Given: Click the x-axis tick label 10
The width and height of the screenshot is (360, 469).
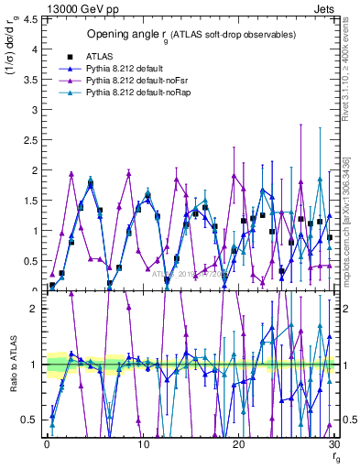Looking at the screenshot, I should click(x=143, y=444).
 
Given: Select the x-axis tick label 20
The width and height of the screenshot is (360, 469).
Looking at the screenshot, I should click(x=239, y=444).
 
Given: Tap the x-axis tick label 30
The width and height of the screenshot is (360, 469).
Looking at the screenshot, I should click(x=334, y=444).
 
